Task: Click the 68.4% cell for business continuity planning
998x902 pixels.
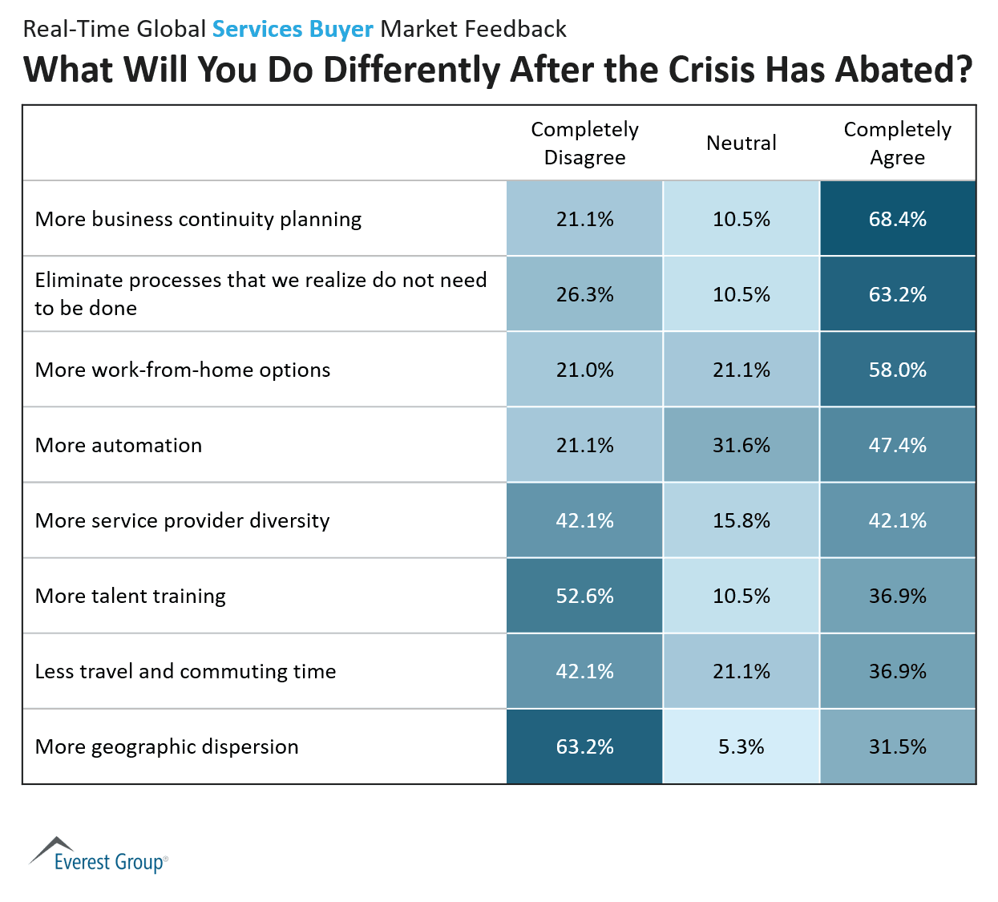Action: (x=897, y=219)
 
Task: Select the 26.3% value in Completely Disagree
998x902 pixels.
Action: (x=584, y=294)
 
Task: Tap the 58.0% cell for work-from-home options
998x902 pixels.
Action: (x=897, y=370)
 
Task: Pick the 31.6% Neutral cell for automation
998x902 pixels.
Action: (x=741, y=445)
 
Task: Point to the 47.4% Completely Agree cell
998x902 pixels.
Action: (x=897, y=445)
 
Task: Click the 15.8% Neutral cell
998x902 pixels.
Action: (x=741, y=520)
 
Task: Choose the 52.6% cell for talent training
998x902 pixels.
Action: (x=584, y=596)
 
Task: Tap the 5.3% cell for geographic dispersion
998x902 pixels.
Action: (x=741, y=746)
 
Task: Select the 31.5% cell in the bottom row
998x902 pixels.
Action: (x=897, y=746)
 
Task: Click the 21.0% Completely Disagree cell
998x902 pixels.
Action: (x=584, y=370)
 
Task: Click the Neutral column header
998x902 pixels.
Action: (x=741, y=143)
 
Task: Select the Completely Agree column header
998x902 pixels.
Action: (x=897, y=143)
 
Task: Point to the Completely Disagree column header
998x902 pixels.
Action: (x=584, y=143)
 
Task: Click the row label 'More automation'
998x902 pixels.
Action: (x=119, y=445)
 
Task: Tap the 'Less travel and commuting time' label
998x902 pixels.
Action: (x=185, y=671)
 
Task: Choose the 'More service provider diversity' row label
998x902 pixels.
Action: (x=182, y=520)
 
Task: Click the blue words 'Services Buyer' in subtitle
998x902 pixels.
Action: (x=293, y=29)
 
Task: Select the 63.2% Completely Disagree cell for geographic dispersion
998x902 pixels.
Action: (x=584, y=746)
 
